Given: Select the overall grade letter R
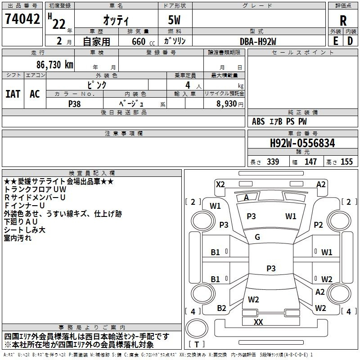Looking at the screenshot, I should pyautogui.click(x=343, y=20).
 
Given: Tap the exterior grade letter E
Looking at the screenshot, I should pyautogui.click(x=335, y=41).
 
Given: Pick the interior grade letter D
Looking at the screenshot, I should pyautogui.click(x=350, y=41).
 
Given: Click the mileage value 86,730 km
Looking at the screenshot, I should pyautogui.click(x=52, y=64).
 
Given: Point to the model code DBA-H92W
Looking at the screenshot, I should pyautogui.click(x=258, y=41).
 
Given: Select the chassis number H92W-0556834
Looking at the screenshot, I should pyautogui.click(x=302, y=143).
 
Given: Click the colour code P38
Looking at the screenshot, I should pyautogui.click(x=75, y=103).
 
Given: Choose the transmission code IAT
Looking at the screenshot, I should pyautogui.click(x=13, y=94).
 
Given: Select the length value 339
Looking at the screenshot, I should pyautogui.click(x=273, y=162).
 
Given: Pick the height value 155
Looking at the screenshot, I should pyautogui.click(x=346, y=162).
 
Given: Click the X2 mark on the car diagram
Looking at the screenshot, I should pyautogui.click(x=220, y=184).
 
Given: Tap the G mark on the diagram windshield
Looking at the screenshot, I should pyautogui.click(x=257, y=237).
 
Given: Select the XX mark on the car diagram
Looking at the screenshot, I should pyautogui.click(x=258, y=322).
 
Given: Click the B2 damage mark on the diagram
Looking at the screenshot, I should pyautogui.click(x=221, y=308).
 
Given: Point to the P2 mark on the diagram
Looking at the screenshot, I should pyautogui.click(x=318, y=225).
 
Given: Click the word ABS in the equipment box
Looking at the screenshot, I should pyautogui.click(x=258, y=121).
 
